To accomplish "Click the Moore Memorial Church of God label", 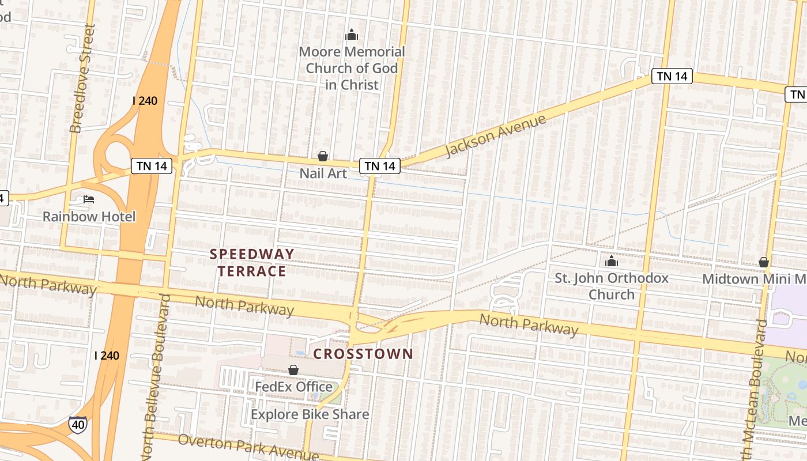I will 352,68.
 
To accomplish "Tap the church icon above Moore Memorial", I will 352,36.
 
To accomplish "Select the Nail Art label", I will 323,173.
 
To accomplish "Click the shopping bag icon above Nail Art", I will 323,156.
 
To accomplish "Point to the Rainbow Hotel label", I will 89,217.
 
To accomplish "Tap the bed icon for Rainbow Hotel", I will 89,199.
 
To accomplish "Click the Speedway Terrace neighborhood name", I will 252,262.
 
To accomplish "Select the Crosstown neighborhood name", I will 363,354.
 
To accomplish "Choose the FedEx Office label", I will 294,387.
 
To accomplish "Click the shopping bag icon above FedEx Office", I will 293,370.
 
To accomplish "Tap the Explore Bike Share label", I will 310,414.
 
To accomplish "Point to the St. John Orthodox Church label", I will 612,286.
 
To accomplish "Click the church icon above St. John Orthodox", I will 612,262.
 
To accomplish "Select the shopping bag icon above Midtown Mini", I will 764,263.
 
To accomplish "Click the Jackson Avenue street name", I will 496,136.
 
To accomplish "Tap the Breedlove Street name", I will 81,78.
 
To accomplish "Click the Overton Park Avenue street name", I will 248,447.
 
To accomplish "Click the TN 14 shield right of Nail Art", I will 380,166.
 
